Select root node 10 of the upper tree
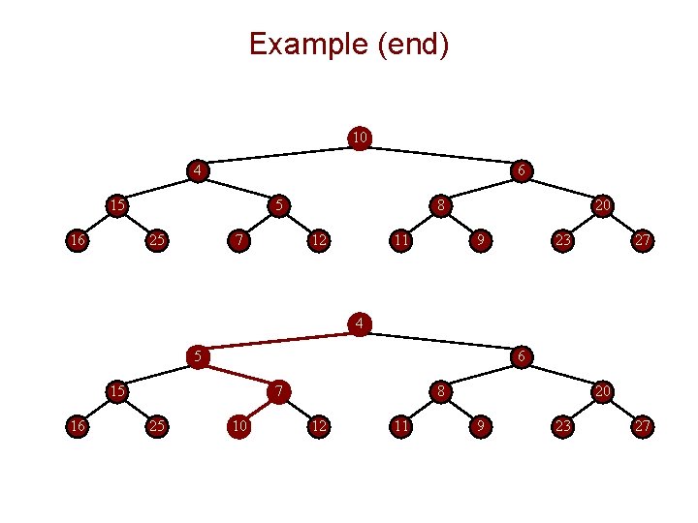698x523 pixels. coord(359,138)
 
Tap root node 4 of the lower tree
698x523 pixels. coord(359,323)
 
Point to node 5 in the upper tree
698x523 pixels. coord(278,205)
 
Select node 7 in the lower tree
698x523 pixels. coord(278,391)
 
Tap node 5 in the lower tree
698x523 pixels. coord(197,356)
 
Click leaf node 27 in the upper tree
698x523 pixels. coord(643,239)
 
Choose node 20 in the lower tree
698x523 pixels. coord(602,391)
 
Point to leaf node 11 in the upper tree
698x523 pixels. coord(399,239)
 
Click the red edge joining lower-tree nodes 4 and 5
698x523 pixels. coord(277,339)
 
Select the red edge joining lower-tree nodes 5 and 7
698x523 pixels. coord(238,374)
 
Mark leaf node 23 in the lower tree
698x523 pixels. coord(561,425)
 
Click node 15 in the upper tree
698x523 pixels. coord(116,205)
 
